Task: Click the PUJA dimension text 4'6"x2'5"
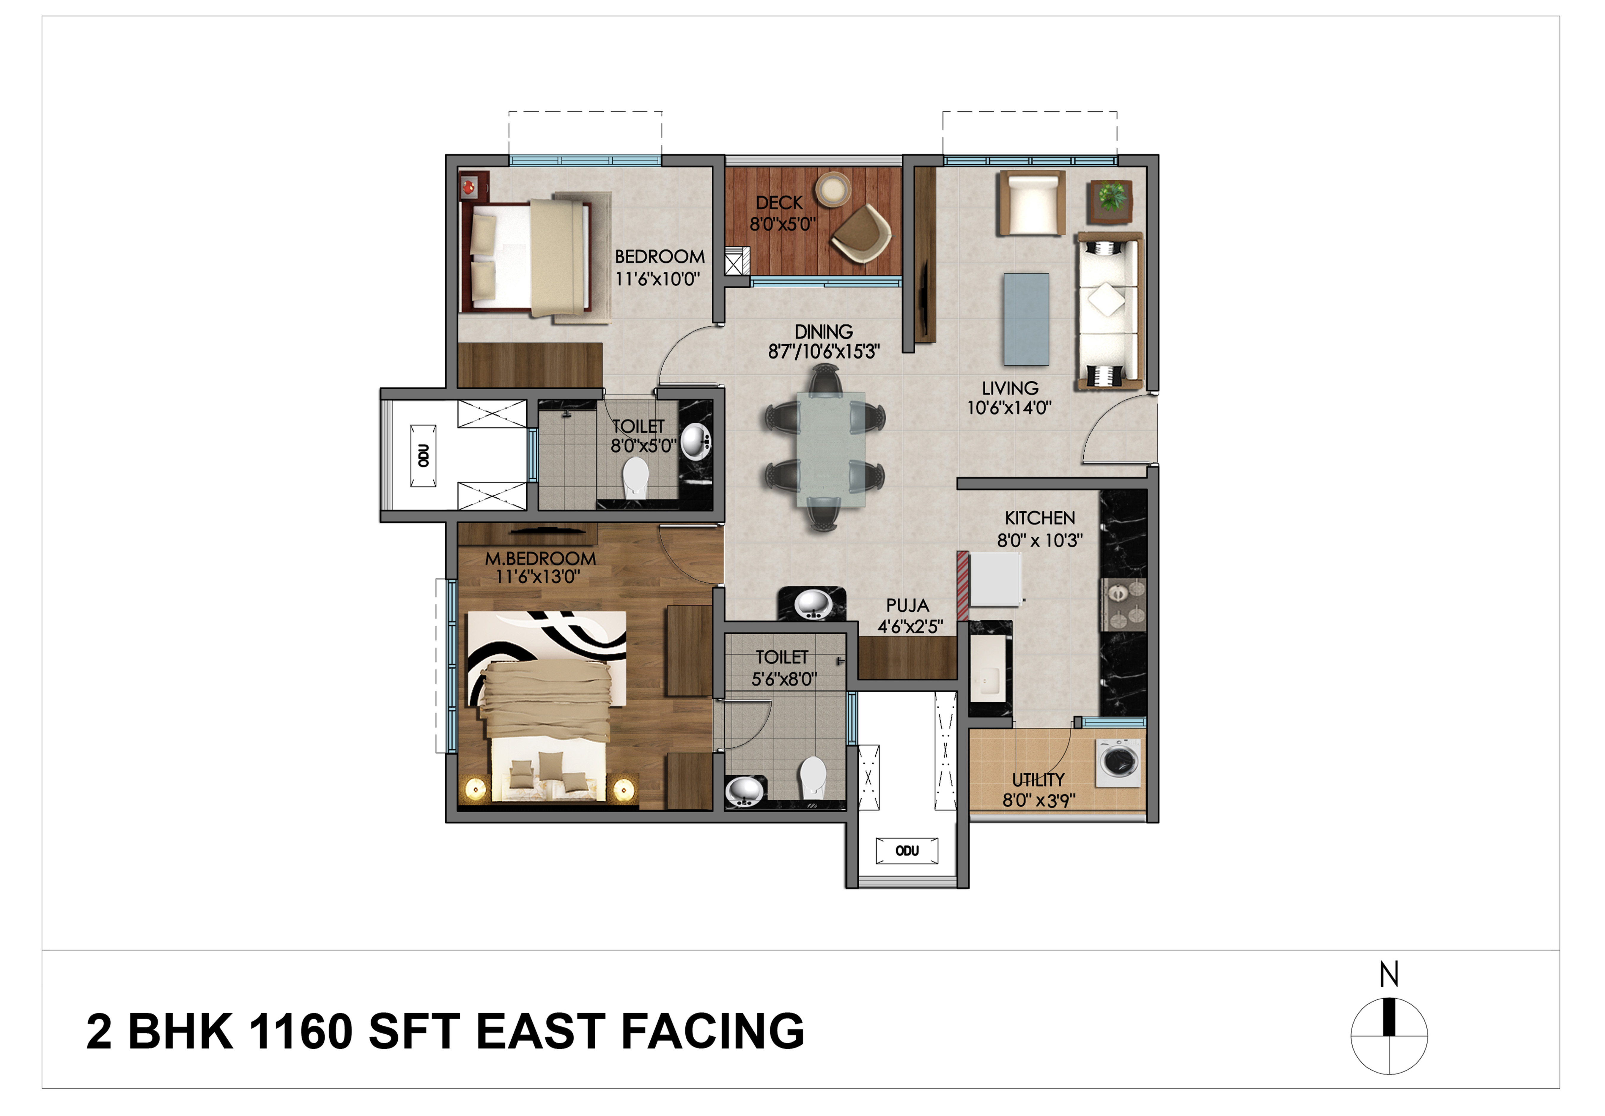(910, 627)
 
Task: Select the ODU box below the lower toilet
(907, 850)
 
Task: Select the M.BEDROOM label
(540, 558)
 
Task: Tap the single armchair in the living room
(1031, 203)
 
